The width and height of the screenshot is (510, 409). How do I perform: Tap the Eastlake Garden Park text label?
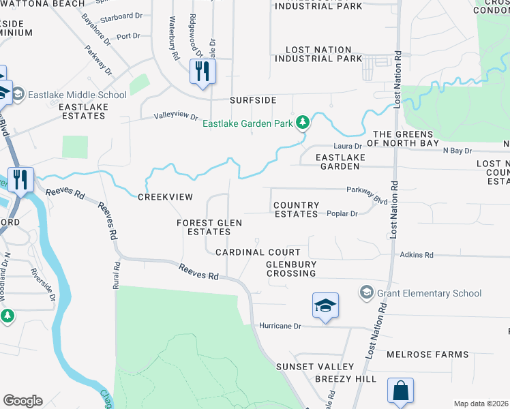pyautogui.click(x=248, y=123)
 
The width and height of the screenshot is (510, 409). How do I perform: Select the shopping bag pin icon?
pyautogui.click(x=400, y=391)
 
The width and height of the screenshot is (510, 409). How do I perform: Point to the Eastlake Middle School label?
pyautogui.click(x=77, y=95)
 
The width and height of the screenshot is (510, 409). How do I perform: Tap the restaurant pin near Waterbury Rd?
pyautogui.click(x=202, y=71)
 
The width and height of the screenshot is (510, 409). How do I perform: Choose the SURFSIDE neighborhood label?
pyautogui.click(x=253, y=100)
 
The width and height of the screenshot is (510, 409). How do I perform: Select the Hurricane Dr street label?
pyautogui.click(x=280, y=326)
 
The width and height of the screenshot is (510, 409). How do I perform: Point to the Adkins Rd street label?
pyautogui.click(x=417, y=255)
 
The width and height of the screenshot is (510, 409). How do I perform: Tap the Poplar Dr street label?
pyautogui.click(x=343, y=213)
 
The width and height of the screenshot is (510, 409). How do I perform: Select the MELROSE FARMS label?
pyautogui.click(x=427, y=354)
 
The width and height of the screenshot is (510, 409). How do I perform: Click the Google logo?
pyautogui.click(x=22, y=400)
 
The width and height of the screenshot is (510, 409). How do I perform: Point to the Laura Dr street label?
pyautogui.click(x=346, y=146)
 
